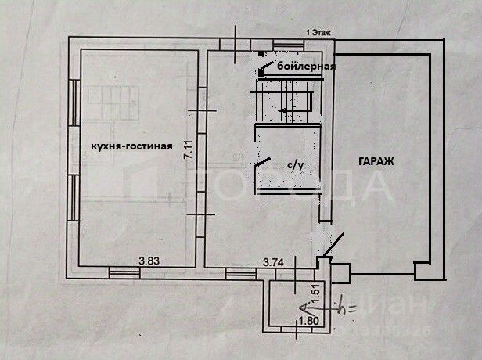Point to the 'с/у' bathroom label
click(x=294, y=165)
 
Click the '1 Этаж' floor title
click(x=318, y=33)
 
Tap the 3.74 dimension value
click(x=273, y=262)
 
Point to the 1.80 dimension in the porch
click(x=308, y=320)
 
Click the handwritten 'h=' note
click(x=347, y=308)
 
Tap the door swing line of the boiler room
click(x=267, y=68)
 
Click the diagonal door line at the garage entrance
click(x=331, y=246)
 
